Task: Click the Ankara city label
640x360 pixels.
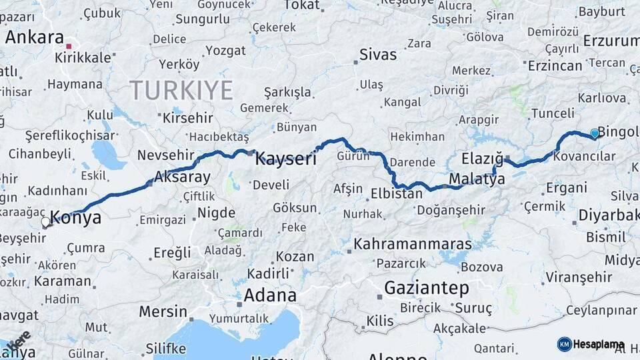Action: pyautogui.click(x=34, y=37)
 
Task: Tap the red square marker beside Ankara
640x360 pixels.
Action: pyautogui.click(x=69, y=46)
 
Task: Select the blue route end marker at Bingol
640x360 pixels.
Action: pyautogui.click(x=594, y=133)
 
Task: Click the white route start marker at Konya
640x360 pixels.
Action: pyautogui.click(x=46, y=222)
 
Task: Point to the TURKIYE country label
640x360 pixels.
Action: pyautogui.click(x=181, y=89)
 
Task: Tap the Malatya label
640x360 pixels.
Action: pyautogui.click(x=477, y=179)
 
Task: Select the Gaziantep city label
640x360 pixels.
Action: pyautogui.click(x=427, y=289)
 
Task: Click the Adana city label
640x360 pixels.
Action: pyautogui.click(x=269, y=295)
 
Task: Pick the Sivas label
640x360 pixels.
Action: pyautogui.click(x=377, y=55)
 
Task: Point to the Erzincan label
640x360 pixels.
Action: pyautogui.click(x=555, y=65)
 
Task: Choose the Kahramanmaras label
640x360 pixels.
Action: pyautogui.click(x=413, y=244)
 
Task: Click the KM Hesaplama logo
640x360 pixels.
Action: pyautogui.click(x=590, y=344)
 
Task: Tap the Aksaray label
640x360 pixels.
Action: pyautogui.click(x=182, y=177)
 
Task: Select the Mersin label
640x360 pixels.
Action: pyautogui.click(x=163, y=311)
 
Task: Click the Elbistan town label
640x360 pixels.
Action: pyautogui.click(x=397, y=194)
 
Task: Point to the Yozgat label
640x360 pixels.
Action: pyautogui.click(x=225, y=50)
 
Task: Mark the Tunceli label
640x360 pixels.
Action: pyautogui.click(x=552, y=113)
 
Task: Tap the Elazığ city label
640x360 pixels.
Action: pyautogui.click(x=482, y=159)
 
